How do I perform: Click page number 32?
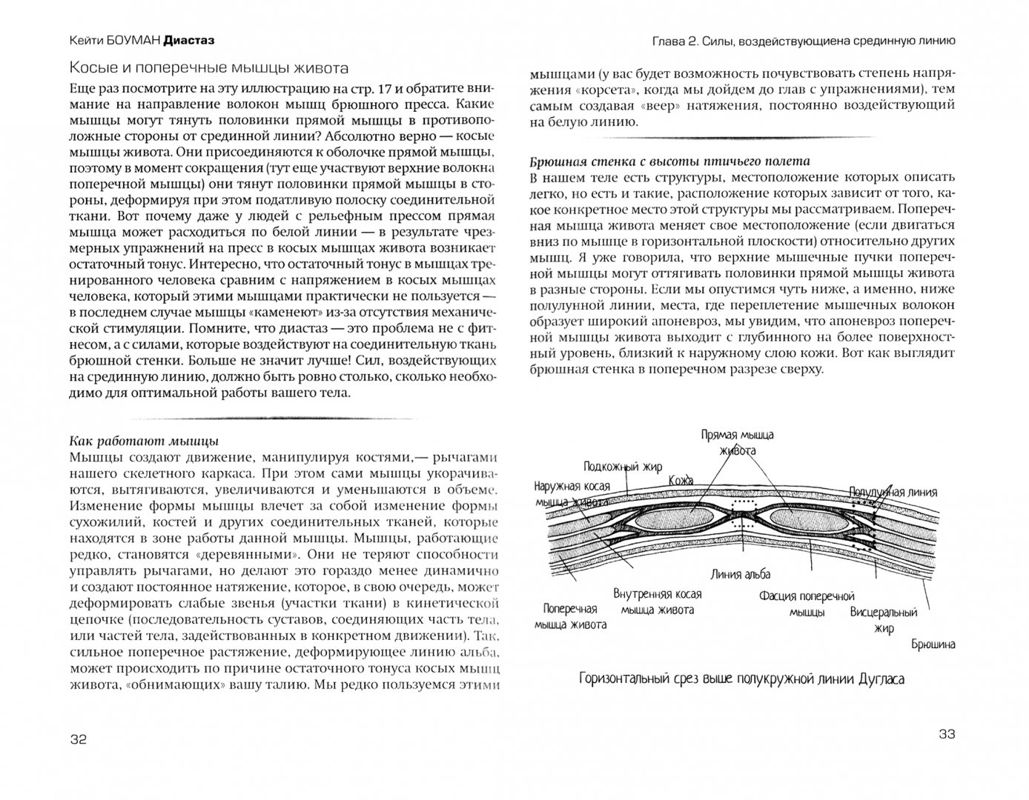point(78,739)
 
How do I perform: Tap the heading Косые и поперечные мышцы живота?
point(208,68)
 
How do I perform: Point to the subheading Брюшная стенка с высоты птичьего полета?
point(670,161)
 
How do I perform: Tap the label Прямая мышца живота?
point(727,443)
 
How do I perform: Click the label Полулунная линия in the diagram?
point(893,492)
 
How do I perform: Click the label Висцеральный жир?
point(884,620)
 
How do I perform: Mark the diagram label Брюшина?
point(933,644)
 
